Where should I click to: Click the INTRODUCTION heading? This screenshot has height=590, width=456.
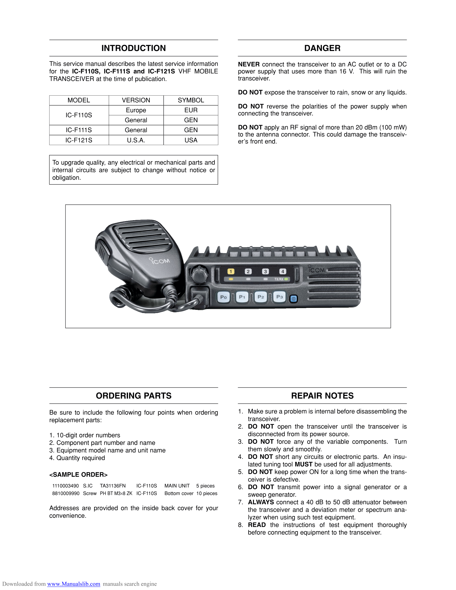coord(133,48)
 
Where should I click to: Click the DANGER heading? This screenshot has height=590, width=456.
coord(322,48)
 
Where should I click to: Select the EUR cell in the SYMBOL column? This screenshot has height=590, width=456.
coord(191,110)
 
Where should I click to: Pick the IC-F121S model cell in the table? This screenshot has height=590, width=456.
coord(79,140)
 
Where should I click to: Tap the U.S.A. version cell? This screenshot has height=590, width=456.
coord(136,140)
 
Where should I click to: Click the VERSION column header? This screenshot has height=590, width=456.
coord(136,100)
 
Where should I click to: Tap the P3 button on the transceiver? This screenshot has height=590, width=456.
coord(279,297)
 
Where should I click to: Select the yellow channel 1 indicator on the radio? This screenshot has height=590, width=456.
coord(231,272)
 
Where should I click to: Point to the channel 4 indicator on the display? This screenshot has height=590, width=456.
coord(283,271)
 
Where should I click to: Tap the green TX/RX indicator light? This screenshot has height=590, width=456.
coord(286,279)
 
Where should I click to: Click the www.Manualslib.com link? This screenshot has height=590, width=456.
coord(73,584)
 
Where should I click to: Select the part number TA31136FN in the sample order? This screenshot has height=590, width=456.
coord(113,486)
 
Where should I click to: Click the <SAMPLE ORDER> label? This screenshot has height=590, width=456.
coord(78,475)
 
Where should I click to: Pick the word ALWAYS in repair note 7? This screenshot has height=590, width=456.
coord(261,502)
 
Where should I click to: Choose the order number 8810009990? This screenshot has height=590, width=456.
coord(66,493)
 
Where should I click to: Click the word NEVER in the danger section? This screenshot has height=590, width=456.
coord(248,64)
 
